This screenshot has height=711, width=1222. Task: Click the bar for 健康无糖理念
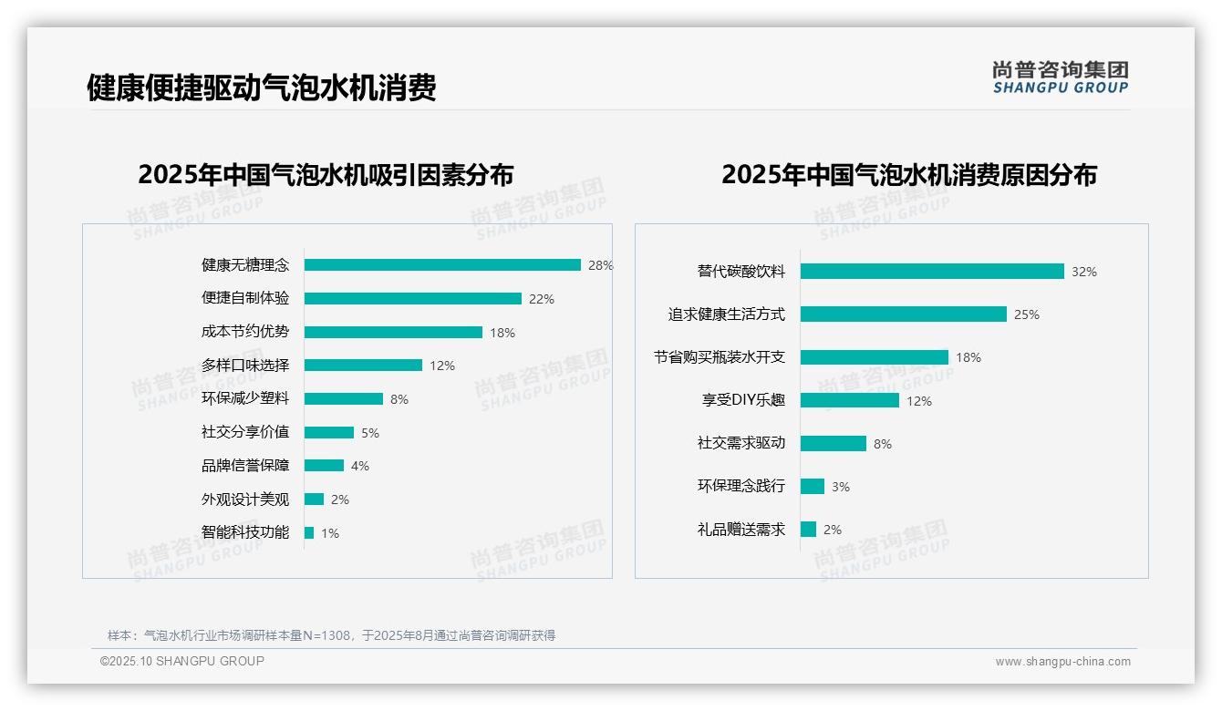[x=442, y=265]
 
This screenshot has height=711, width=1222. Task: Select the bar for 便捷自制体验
[x=412, y=299]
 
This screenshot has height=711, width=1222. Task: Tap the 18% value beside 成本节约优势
[x=502, y=333]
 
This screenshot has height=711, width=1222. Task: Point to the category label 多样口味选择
[x=245, y=366]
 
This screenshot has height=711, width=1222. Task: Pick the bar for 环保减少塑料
[x=344, y=399]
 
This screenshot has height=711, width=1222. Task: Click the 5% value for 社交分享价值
[x=370, y=433]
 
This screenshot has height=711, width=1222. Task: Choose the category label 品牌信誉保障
[x=245, y=466]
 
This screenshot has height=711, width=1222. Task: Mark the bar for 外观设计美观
[x=314, y=500]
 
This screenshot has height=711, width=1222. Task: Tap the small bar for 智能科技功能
[x=309, y=533]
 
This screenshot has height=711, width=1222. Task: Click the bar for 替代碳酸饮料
[x=932, y=272]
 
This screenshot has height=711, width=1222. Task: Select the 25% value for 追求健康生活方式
[x=1027, y=314]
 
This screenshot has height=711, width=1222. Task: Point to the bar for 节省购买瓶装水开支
[x=875, y=357]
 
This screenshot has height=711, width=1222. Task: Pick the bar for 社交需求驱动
[x=834, y=444]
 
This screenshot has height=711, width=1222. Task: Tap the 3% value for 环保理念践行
[x=841, y=487]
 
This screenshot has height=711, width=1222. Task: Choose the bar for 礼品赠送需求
[x=808, y=530]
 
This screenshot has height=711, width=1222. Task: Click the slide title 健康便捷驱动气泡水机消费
[x=262, y=88]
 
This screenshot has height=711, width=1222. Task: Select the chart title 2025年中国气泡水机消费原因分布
[x=909, y=174]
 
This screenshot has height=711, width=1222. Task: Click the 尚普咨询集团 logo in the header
[x=1061, y=77]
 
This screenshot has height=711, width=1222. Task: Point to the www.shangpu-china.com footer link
[x=1062, y=662]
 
